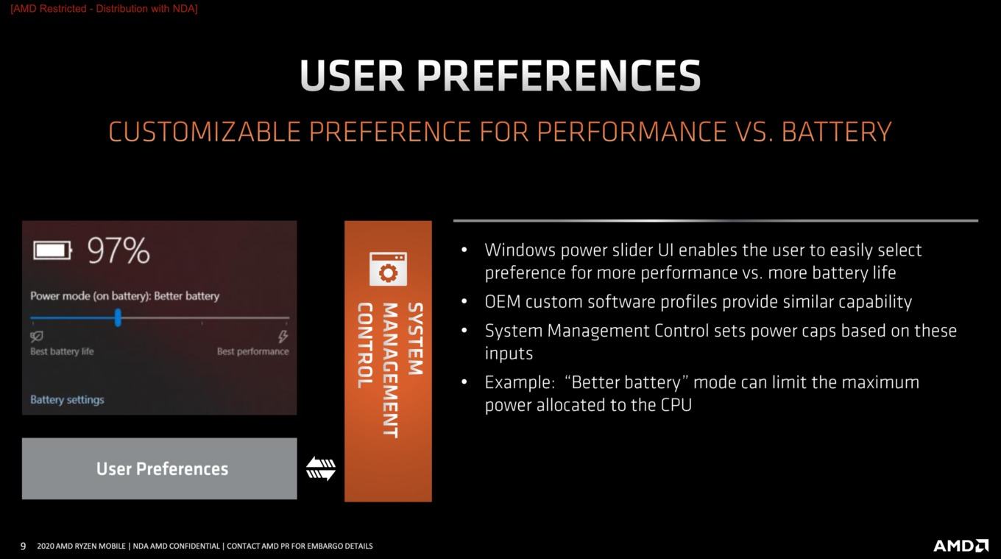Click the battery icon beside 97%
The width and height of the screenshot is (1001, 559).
point(52,250)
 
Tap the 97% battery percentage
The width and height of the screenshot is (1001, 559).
point(119,250)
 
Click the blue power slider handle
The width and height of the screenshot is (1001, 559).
point(118,317)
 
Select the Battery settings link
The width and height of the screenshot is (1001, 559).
point(67,399)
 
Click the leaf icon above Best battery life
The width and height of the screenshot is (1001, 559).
point(37,336)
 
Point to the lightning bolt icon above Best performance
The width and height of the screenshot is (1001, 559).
point(283,336)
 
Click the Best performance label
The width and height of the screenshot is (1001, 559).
point(253,351)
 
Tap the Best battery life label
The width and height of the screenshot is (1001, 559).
point(62,351)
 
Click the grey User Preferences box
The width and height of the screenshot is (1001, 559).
point(160,468)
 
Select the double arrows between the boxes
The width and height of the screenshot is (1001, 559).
point(321,468)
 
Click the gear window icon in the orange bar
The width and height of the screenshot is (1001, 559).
point(389,269)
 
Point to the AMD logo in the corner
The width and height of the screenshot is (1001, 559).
point(961,546)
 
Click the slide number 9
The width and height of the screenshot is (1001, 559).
point(24,546)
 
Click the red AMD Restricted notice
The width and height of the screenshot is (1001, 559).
point(104,9)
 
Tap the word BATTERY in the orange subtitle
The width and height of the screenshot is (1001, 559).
point(837,132)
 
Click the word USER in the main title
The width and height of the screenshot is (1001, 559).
point(353,75)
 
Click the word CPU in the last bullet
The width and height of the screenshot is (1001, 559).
point(676,405)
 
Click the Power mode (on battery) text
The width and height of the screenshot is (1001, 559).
point(91,296)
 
